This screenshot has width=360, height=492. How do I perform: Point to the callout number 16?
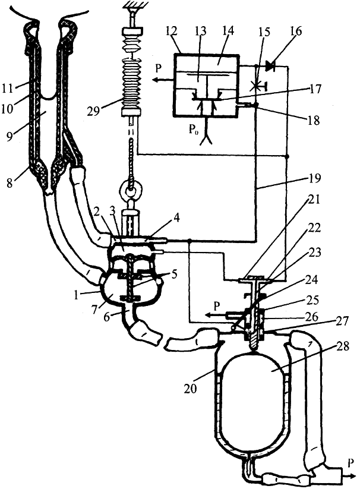point(296,31)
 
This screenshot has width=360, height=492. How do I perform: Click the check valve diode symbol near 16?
point(270,66)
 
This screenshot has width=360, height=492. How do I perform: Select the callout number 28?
point(342,347)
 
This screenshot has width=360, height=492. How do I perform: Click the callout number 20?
point(190,389)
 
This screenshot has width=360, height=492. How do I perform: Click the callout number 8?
point(10,182)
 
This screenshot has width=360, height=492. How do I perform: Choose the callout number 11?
point(8,89)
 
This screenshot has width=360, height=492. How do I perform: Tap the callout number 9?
point(10,137)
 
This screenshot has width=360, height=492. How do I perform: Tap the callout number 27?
point(341,322)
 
